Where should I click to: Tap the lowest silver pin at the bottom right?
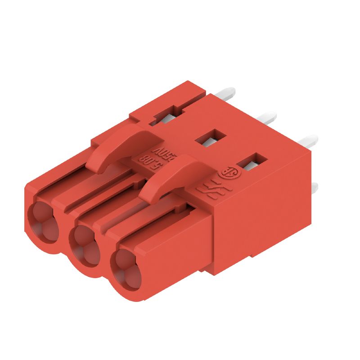(315, 189)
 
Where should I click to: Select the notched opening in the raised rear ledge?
(166, 115)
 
